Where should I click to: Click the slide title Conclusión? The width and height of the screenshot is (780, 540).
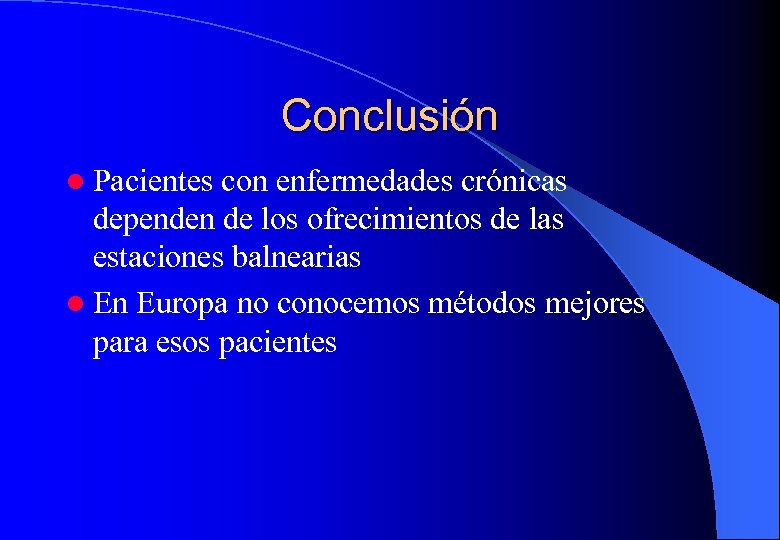point(389,116)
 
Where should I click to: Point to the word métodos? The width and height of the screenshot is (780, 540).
point(484,302)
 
